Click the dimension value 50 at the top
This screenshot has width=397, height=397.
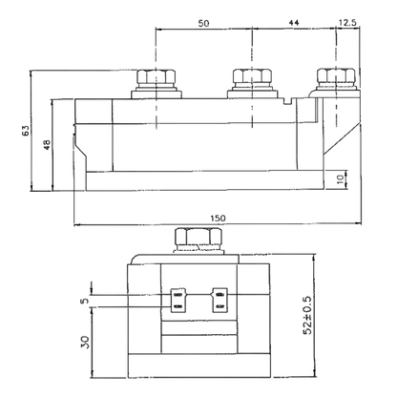click(203, 23)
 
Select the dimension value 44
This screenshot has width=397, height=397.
click(294, 23)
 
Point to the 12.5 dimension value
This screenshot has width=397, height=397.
click(347, 23)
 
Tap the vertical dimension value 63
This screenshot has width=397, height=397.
click(25, 130)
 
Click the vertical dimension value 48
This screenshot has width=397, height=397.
click(47, 145)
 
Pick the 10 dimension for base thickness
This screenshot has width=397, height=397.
click(341, 178)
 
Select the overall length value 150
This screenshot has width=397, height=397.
click(218, 219)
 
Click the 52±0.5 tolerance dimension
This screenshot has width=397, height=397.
click(308, 315)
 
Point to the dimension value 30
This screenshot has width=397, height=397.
click(85, 342)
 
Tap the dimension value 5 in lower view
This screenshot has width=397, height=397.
click(85, 301)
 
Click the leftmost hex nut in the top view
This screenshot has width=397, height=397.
click(157, 76)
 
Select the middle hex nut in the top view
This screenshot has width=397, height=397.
click(252, 75)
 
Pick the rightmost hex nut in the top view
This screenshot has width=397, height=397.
click(336, 75)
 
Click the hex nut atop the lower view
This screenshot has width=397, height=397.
click(198, 237)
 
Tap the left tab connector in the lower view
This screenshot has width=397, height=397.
click(178, 301)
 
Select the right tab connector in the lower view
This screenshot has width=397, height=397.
click(220, 301)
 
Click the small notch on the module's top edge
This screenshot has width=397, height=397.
click(288, 101)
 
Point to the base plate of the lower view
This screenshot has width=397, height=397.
click(198, 366)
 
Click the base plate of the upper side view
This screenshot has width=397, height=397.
click(204, 181)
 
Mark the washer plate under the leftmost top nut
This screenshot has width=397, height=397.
click(157, 94)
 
